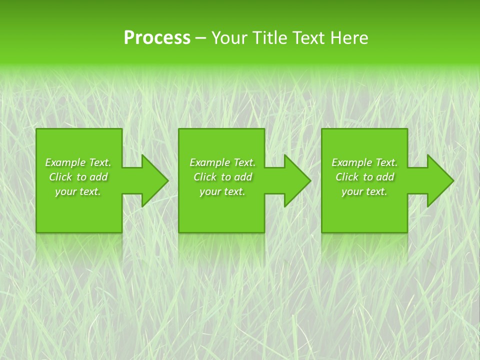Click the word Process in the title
tap(157, 38)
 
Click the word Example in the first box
tap(65, 162)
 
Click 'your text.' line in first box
tap(78, 191)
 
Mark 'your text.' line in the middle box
tap(222, 191)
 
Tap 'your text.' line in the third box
tap(364, 191)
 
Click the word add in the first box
tap(99, 177)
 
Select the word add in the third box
tap(385, 177)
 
